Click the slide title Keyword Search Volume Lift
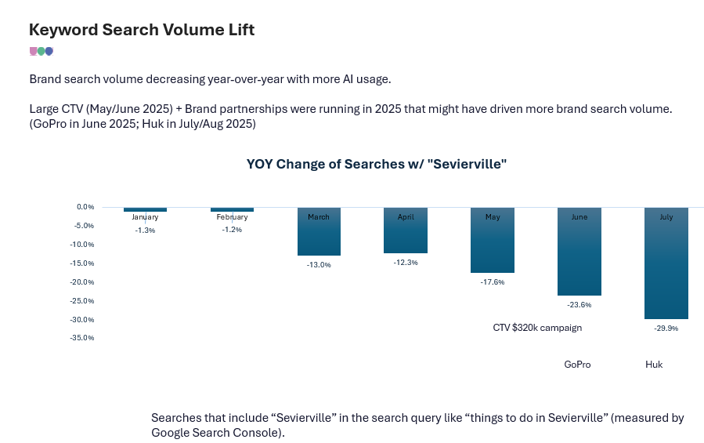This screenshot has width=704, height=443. click(142, 30)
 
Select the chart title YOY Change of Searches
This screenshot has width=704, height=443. click(376, 164)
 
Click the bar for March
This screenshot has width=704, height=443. click(319, 231)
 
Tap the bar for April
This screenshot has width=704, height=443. click(406, 231)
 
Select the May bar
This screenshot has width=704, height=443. click(493, 240)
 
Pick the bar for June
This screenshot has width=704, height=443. click(579, 252)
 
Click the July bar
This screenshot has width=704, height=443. click(666, 263)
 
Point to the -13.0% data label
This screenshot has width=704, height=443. click(319, 265)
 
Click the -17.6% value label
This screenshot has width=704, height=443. click(493, 282)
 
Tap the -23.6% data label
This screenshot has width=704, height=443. click(579, 305)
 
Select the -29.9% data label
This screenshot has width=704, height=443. click(666, 329)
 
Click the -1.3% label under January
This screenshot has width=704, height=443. click(145, 231)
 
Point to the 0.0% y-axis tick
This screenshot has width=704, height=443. click(85, 207)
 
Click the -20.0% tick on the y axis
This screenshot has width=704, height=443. click(82, 282)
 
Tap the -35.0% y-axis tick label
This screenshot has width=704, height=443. click(82, 338)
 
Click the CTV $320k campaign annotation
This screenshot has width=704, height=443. click(537, 328)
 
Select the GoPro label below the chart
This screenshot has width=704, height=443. click(577, 365)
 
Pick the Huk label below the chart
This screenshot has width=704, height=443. click(654, 365)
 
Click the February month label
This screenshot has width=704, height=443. click(232, 216)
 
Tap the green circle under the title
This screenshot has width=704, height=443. click(41, 51)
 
